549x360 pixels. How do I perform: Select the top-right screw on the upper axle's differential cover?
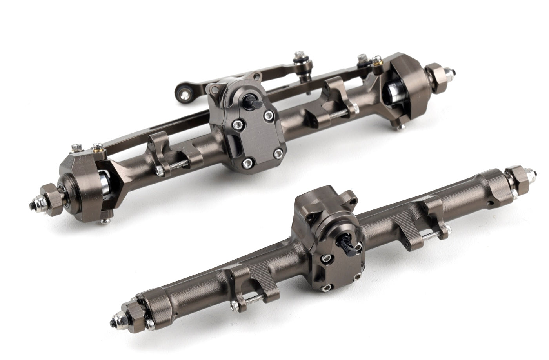tap(269, 115)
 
